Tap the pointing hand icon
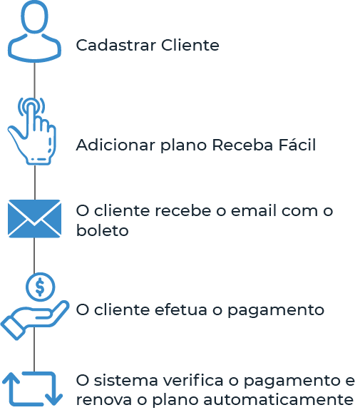[32, 130]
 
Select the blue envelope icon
[34, 219]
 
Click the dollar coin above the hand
[40, 287]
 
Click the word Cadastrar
[116, 45]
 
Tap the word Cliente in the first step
[190, 45]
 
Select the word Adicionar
[115, 145]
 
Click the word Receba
[242, 145]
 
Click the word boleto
[102, 230]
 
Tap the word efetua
[181, 310]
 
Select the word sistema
[125, 381]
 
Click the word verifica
[192, 380]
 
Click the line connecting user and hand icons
[34, 81]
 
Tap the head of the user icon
[34, 16]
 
